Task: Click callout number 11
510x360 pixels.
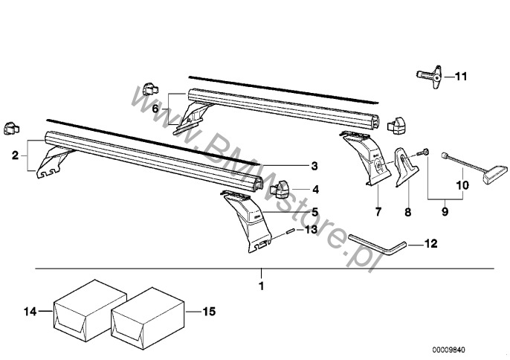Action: [x=461, y=76]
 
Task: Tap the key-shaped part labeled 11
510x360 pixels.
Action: [x=429, y=76]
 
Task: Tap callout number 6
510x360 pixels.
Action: [x=156, y=109]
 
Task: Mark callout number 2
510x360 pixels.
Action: [x=14, y=156]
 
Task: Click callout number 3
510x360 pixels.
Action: [x=314, y=165]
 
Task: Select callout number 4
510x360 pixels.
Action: [x=314, y=189]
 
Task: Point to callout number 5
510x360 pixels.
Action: [x=314, y=212]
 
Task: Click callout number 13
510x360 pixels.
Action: [x=312, y=231]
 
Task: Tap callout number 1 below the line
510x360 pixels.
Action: [x=261, y=285]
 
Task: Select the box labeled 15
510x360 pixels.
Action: [x=146, y=312]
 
